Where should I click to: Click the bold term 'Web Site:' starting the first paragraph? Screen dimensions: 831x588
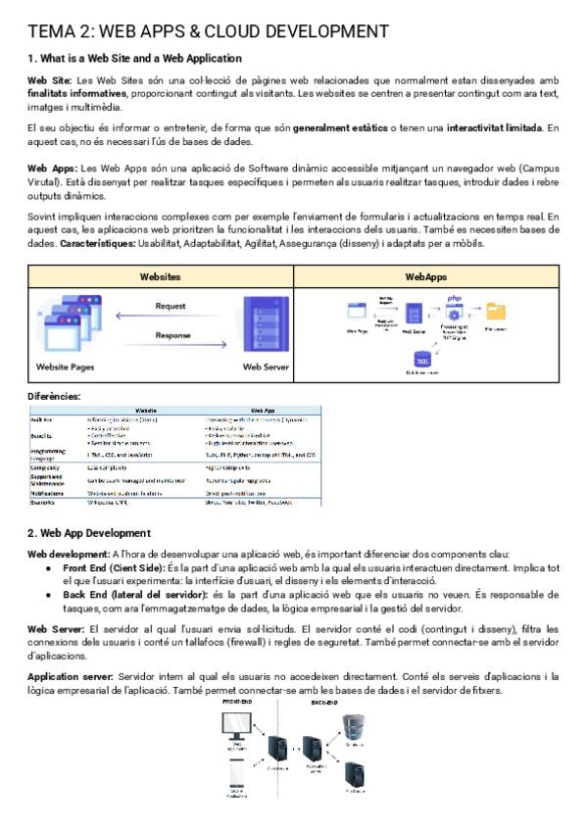click(50, 79)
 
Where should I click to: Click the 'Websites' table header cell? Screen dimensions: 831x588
click(161, 277)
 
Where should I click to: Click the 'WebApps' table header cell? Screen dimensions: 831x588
click(425, 277)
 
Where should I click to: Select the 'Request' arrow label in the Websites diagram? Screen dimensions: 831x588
click(171, 306)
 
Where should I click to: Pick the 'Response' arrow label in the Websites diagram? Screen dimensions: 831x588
click(172, 335)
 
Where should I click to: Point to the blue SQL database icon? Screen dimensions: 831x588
click(423, 357)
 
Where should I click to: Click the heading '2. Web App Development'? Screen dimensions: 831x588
click(89, 533)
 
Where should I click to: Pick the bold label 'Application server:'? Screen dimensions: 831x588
click(70, 677)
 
